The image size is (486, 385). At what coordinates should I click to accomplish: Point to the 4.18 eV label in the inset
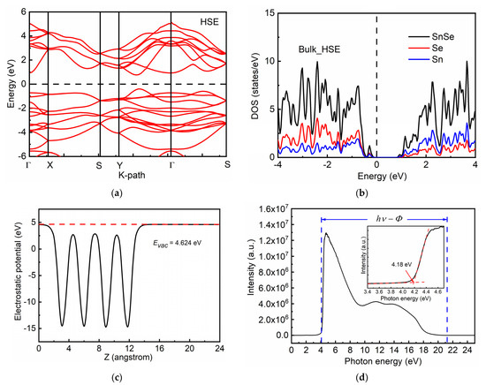pos(392,274)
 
